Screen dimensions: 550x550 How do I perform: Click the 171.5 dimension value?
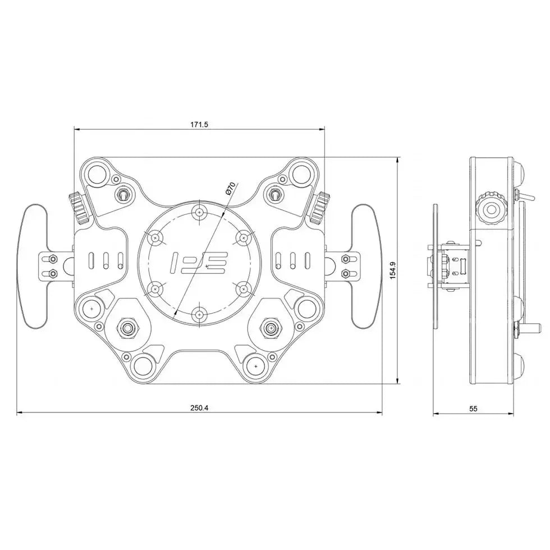coord(199,124)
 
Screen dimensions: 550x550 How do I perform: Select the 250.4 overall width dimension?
coord(199,408)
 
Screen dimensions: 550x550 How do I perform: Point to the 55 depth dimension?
coord(473,409)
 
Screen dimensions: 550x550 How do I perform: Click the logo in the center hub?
coord(199,262)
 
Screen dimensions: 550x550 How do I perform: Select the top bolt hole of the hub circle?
coord(200,213)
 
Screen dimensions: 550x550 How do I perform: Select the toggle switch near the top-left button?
coord(122,195)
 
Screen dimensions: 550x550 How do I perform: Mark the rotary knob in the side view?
coord(491,210)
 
